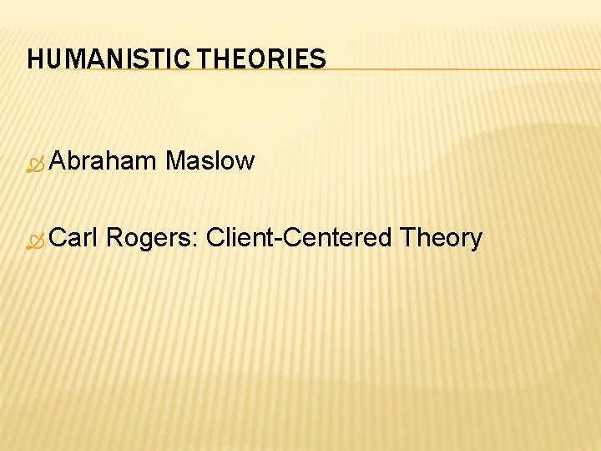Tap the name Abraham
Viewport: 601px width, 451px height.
click(103, 160)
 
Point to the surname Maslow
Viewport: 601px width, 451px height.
click(210, 160)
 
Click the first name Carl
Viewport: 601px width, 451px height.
click(75, 238)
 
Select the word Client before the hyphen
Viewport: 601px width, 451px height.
click(242, 238)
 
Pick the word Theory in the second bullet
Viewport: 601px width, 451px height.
click(441, 239)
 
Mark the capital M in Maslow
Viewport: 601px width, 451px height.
click(175, 160)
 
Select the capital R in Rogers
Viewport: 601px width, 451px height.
click(115, 238)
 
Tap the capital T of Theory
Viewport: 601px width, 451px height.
click(407, 238)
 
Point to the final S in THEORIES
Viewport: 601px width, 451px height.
click(319, 59)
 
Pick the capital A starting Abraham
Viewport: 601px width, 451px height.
click(58, 160)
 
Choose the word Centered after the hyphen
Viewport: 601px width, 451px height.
click(339, 238)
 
